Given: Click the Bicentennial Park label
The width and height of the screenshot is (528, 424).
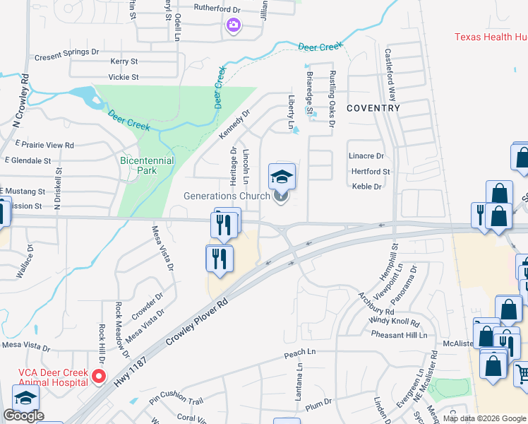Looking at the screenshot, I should [147, 165].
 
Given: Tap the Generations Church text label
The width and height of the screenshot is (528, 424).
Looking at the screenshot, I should [227, 196].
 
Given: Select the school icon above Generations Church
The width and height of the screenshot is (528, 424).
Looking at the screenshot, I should [282, 176].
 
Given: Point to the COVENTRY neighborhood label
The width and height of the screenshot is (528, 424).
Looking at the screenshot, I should [373, 108].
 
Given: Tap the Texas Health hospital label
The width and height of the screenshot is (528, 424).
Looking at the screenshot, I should [491, 37].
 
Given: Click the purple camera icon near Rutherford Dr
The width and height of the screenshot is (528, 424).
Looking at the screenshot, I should [234, 26].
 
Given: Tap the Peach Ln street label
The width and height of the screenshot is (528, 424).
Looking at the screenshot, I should [299, 352].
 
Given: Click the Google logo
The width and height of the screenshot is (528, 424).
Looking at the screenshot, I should [23, 416].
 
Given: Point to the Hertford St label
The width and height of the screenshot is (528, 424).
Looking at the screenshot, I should [371, 171].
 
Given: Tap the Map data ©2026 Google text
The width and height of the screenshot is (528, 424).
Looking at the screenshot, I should [485, 418].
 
